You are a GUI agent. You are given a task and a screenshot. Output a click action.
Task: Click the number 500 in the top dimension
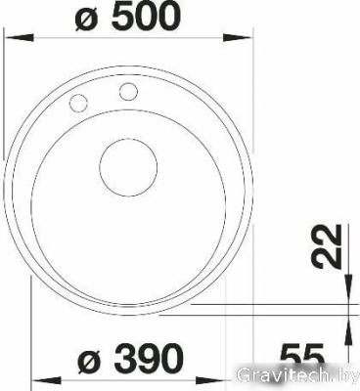[148, 18]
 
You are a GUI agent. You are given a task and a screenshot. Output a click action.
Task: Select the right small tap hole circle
[127, 93]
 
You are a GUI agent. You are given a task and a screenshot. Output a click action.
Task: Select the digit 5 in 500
[120, 18]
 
